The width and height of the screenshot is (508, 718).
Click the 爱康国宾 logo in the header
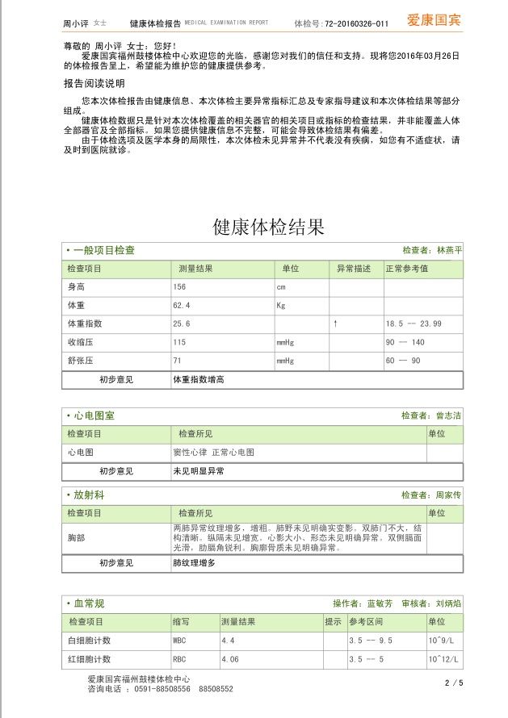pos(434,20)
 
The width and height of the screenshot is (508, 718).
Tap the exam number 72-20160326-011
pos(353,24)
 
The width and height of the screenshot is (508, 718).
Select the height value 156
pos(179,287)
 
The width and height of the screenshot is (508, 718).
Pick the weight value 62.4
pos(182,306)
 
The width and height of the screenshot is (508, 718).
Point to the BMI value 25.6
pos(182,324)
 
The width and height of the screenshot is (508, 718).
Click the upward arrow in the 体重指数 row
pos(334,324)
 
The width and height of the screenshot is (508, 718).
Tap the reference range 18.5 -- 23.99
pos(414,324)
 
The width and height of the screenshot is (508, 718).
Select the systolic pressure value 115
pos(179,342)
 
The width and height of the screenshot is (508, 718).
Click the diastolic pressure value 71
pos(178,361)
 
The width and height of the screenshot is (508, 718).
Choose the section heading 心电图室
pos(94,415)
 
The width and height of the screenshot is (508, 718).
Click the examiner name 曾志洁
pos(448,415)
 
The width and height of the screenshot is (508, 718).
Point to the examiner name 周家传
pos(448,495)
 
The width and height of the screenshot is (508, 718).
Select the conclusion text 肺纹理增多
pos(194,562)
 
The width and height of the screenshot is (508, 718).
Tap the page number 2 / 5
pos(454,683)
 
